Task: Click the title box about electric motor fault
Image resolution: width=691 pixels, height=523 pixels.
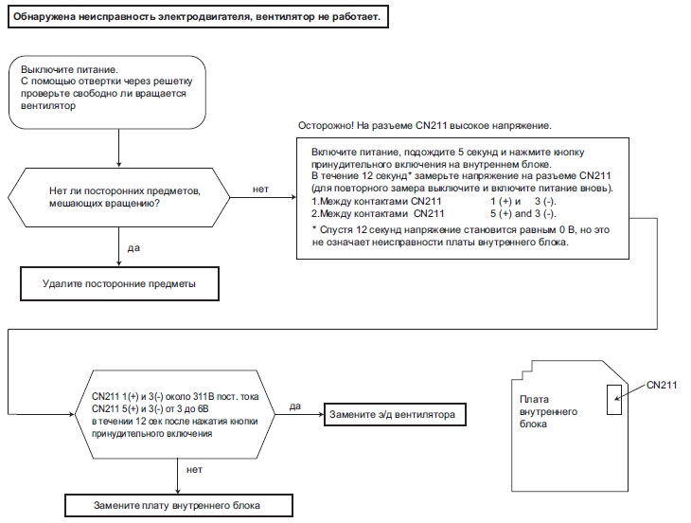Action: (199, 17)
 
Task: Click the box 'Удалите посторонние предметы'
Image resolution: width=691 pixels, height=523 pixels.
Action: (119, 283)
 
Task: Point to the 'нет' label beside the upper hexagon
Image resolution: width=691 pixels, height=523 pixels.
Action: (260, 189)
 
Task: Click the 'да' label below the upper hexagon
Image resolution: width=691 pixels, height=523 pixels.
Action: (133, 248)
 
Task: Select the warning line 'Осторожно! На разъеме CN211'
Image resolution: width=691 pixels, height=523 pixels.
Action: (424, 126)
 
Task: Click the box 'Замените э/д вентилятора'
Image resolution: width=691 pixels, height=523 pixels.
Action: (395, 415)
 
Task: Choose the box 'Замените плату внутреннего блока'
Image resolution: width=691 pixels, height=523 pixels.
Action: (179, 505)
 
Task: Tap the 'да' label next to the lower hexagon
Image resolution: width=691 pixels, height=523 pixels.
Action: (295, 406)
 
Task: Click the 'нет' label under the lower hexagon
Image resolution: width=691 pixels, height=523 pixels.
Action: (194, 470)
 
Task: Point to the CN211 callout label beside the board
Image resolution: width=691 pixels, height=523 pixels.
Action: (662, 385)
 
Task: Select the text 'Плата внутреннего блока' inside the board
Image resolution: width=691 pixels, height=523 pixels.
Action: (548, 411)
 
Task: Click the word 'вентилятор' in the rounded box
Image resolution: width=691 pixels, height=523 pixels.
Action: (48, 106)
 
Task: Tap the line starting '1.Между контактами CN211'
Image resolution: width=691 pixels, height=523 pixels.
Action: (434, 202)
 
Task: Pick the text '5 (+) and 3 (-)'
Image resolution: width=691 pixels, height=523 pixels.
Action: (523, 214)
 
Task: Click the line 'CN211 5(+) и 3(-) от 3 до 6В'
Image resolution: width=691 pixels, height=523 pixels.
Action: (151, 408)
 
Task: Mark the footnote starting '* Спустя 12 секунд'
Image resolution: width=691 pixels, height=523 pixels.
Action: (461, 236)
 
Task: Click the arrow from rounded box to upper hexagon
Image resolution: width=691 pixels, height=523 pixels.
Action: (118, 148)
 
